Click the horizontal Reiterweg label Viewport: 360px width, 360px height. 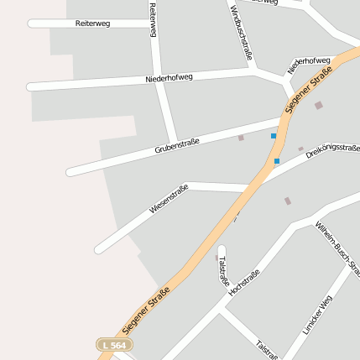point(92,23)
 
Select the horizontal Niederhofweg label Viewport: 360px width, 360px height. point(169,78)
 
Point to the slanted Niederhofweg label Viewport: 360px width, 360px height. point(309,65)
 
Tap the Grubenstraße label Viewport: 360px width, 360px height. point(177,147)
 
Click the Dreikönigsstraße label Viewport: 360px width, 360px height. point(333,148)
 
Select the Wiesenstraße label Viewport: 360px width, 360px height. point(169,198)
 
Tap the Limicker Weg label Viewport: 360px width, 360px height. point(317,315)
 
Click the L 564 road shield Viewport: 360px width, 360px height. point(114,345)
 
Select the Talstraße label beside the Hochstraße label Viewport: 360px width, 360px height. point(223,269)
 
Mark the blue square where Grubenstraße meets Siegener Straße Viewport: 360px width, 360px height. point(274,135)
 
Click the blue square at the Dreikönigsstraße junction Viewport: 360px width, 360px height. point(277,161)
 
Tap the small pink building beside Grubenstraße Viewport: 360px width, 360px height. point(242,138)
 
